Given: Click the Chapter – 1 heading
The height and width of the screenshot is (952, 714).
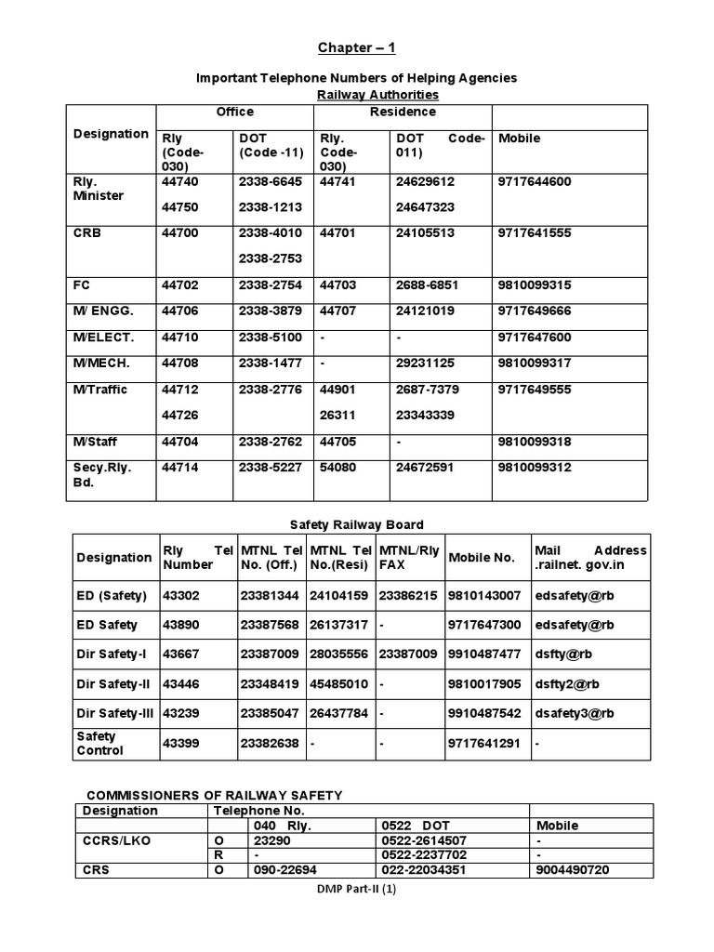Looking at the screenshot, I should (357, 48).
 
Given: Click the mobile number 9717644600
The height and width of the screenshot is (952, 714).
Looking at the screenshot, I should (535, 182).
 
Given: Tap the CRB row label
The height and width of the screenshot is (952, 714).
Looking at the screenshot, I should (87, 233).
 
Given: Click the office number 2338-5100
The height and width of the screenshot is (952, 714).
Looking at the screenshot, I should (270, 337).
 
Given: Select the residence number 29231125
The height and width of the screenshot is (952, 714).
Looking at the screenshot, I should (425, 363).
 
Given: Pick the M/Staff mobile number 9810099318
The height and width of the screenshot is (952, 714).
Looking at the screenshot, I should (535, 443).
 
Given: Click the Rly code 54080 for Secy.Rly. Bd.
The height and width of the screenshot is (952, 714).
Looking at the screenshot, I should (337, 468).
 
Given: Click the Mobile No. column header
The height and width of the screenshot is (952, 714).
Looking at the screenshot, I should (481, 558).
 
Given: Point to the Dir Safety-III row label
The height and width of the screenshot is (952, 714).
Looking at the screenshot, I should (113, 713).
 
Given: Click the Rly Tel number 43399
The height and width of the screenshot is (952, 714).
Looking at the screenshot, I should (181, 744).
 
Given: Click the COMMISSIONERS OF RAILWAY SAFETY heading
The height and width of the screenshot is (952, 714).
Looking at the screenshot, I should (215, 795).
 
